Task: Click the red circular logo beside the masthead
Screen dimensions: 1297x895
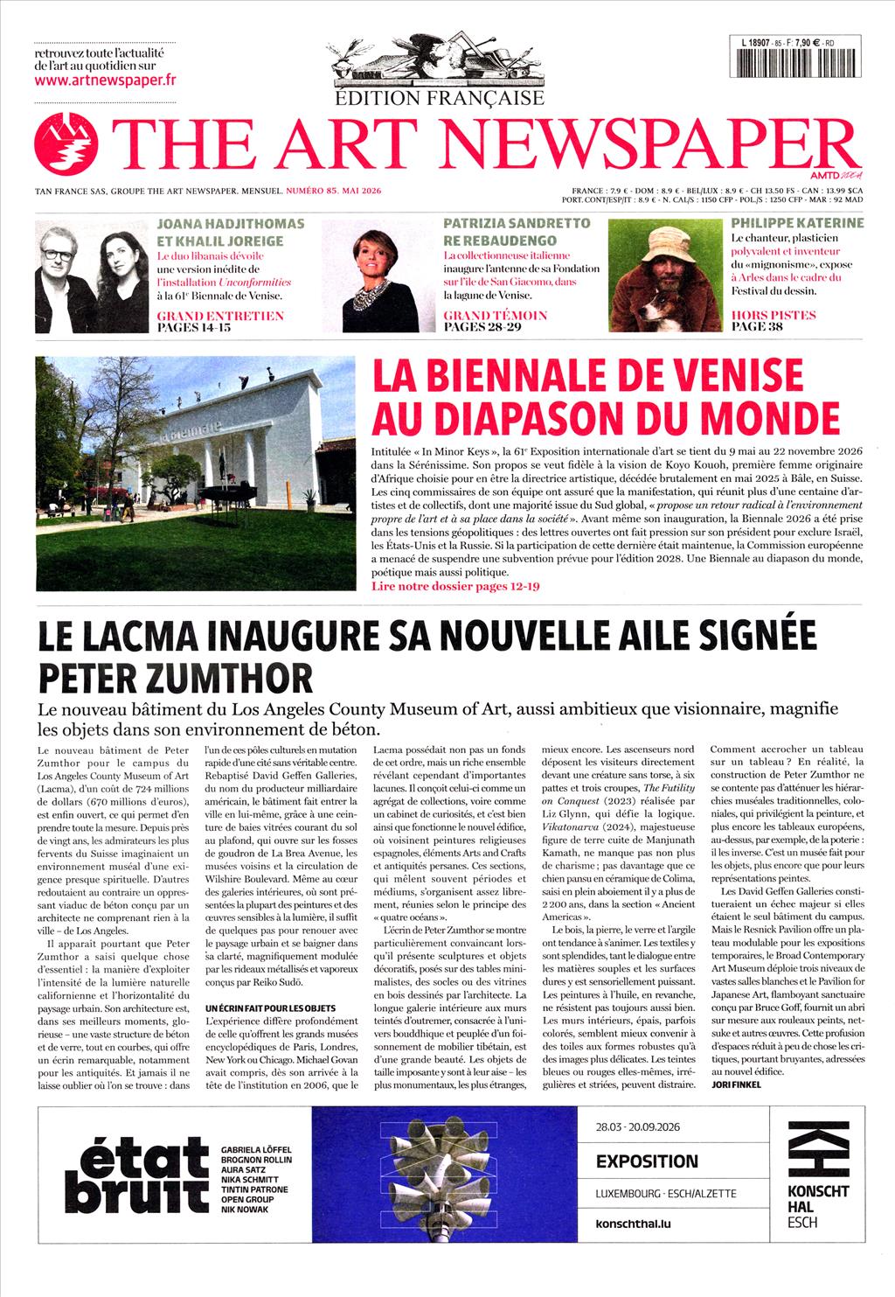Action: coord(66,146)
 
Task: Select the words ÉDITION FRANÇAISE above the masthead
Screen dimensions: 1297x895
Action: coord(441,98)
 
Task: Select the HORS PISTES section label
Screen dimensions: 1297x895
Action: coord(774,316)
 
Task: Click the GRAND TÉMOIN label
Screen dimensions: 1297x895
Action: coord(496,316)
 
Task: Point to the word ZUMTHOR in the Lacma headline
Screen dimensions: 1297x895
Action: coord(238,676)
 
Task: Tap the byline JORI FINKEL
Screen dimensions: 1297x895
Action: coord(736,1084)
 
